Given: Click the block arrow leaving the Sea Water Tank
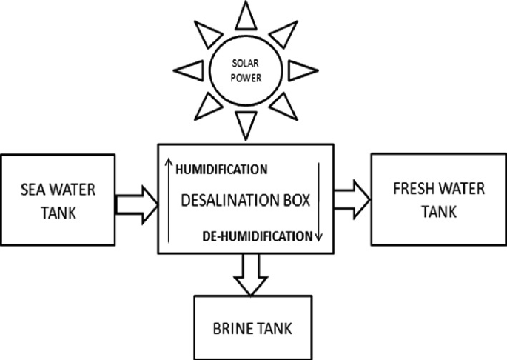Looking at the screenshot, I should coord(138,199).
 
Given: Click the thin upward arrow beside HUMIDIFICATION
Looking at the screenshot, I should coord(169,200).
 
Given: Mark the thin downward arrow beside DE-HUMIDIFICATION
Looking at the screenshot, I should coord(318,200).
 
